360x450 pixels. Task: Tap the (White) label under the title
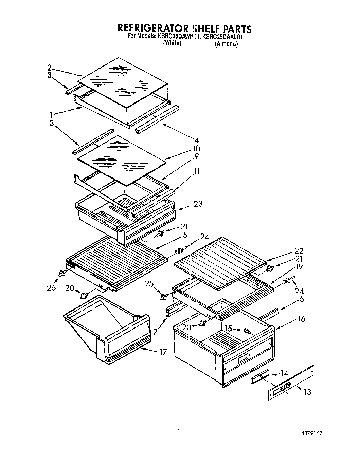click(x=172, y=43)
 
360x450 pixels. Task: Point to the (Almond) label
click(x=226, y=44)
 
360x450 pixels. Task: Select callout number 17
click(x=163, y=352)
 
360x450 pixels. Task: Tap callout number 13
click(x=307, y=392)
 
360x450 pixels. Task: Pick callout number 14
click(x=285, y=373)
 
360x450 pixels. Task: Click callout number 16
click(x=301, y=319)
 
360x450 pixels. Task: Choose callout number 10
click(x=196, y=149)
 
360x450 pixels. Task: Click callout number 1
click(x=51, y=115)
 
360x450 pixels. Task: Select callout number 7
click(x=155, y=332)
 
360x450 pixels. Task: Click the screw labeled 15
click(x=247, y=331)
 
